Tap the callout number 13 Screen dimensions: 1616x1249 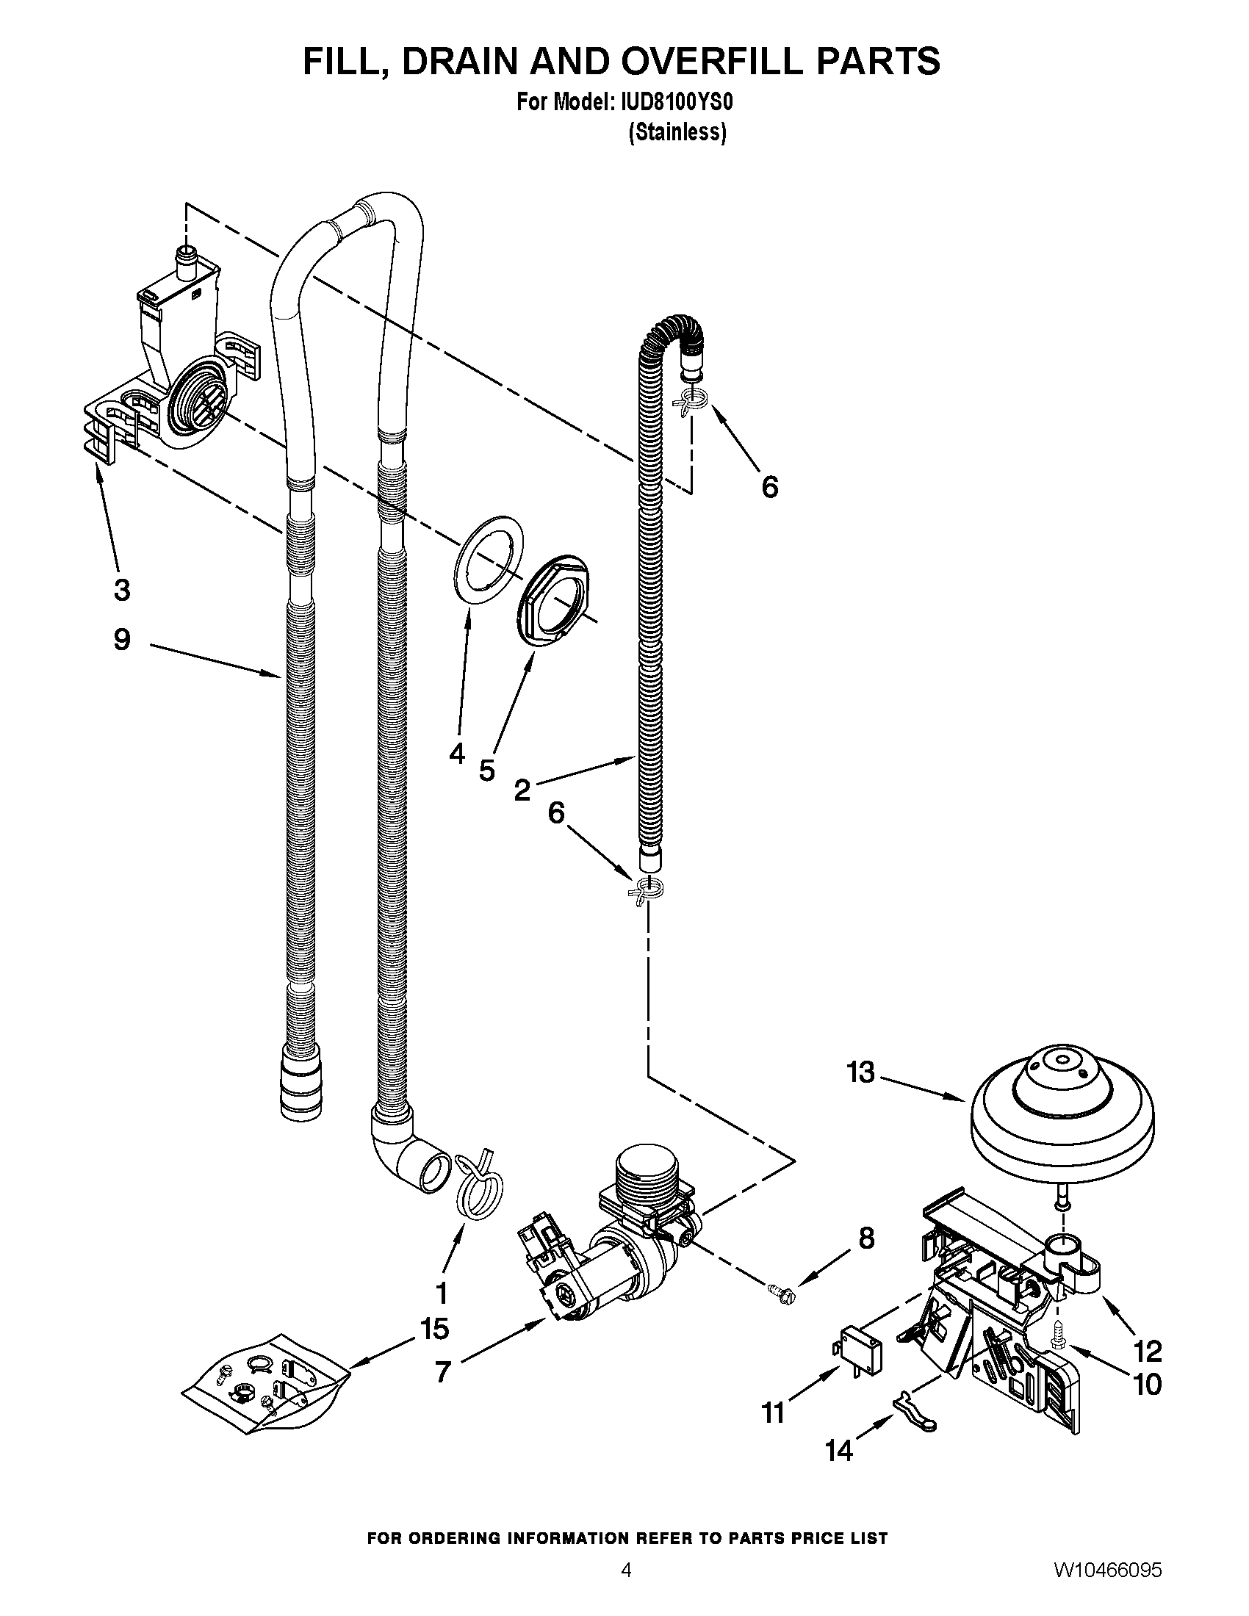click(x=860, y=1072)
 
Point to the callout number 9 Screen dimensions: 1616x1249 click(x=122, y=639)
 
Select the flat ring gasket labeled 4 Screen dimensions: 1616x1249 click(x=486, y=562)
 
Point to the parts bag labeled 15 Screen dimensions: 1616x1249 click(x=266, y=1385)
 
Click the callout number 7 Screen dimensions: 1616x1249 click(x=442, y=1372)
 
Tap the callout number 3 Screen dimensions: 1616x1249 click(x=122, y=590)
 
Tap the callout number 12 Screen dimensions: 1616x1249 click(x=1148, y=1352)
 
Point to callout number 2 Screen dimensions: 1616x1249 click(x=522, y=791)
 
